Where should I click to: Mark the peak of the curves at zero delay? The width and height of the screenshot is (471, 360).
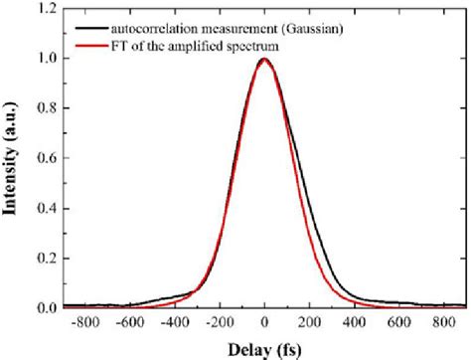[264, 60]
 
